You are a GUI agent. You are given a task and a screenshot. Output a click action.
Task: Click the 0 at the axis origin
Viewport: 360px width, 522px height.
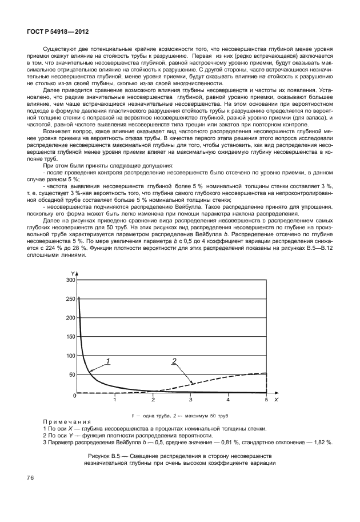click(x=73, y=396)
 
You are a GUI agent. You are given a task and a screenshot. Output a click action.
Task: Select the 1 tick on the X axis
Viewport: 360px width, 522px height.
click(x=115, y=400)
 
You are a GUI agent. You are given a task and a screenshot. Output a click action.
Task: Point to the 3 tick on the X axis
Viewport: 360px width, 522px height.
click(x=191, y=400)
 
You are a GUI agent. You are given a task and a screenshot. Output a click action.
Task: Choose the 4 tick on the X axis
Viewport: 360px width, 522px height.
click(x=229, y=400)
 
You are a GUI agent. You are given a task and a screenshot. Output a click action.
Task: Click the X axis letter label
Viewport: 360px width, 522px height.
click(x=276, y=400)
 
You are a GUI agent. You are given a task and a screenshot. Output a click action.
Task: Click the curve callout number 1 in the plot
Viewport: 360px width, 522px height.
click(x=107, y=361)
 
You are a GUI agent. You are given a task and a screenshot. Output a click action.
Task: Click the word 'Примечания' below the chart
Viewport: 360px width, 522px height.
click(x=62, y=421)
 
